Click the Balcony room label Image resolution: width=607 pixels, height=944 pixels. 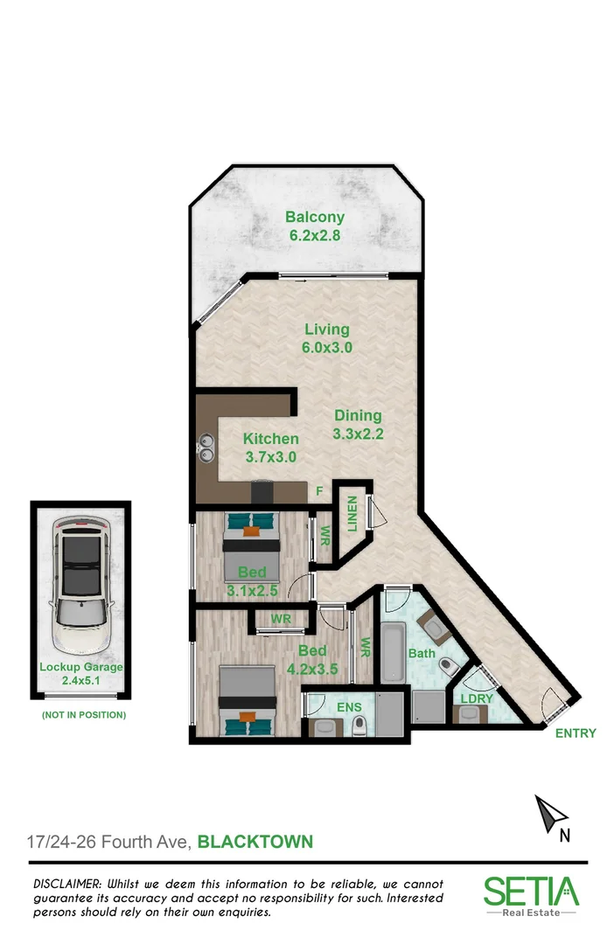pyautogui.click(x=315, y=218)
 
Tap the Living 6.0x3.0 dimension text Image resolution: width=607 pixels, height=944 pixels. pyautogui.click(x=327, y=347)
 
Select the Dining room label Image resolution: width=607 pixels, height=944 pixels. pyautogui.click(x=357, y=416)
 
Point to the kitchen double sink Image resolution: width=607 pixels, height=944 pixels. pyautogui.click(x=206, y=448)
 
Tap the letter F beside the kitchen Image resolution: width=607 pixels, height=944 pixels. pyautogui.click(x=320, y=491)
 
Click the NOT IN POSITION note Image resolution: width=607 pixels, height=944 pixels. pyautogui.click(x=84, y=715)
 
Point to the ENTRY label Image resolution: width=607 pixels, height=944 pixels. pyautogui.click(x=576, y=733)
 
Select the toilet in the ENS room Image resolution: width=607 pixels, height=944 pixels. pyautogui.click(x=358, y=726)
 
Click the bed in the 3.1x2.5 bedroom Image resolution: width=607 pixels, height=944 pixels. pyautogui.click(x=252, y=546)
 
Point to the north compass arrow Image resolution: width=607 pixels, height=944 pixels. pyautogui.click(x=550, y=814)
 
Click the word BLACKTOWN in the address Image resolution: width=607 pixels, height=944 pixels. pyautogui.click(x=255, y=843)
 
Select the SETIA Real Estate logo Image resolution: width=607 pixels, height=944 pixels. pyautogui.click(x=531, y=896)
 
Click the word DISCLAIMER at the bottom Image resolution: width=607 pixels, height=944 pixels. pyautogui.click(x=67, y=885)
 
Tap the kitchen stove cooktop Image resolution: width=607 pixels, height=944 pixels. pyautogui.click(x=262, y=492)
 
